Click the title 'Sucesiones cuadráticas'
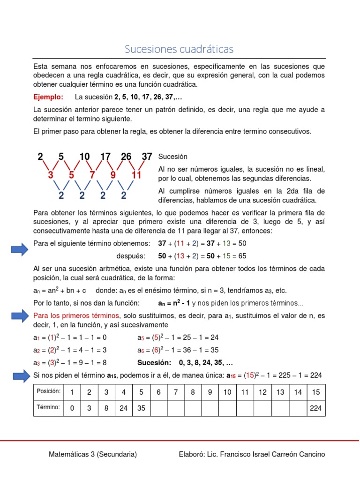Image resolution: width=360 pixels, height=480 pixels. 179,49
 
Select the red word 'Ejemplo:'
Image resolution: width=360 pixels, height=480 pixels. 48,97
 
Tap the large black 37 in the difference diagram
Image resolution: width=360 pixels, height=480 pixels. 147,157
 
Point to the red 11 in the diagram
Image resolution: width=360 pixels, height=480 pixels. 136,175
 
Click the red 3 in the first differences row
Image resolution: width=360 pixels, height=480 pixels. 51,175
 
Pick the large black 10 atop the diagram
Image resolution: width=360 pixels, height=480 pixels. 84,157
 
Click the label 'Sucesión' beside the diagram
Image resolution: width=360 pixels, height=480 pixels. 173,157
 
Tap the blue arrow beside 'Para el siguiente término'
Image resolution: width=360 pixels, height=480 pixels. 19,250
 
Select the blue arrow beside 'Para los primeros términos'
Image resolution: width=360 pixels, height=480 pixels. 19,316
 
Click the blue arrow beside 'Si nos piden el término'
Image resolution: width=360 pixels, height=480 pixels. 19,375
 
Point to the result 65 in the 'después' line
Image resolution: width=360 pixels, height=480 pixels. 242,256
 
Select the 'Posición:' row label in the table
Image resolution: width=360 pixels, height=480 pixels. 48,391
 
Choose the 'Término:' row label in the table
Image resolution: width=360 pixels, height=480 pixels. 48,407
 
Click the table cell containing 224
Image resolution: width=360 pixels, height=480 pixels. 316,408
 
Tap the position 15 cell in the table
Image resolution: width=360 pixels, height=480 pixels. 316,392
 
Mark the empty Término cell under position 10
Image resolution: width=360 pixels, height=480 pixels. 227,408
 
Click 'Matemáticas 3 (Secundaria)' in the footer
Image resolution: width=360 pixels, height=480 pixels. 93,454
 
